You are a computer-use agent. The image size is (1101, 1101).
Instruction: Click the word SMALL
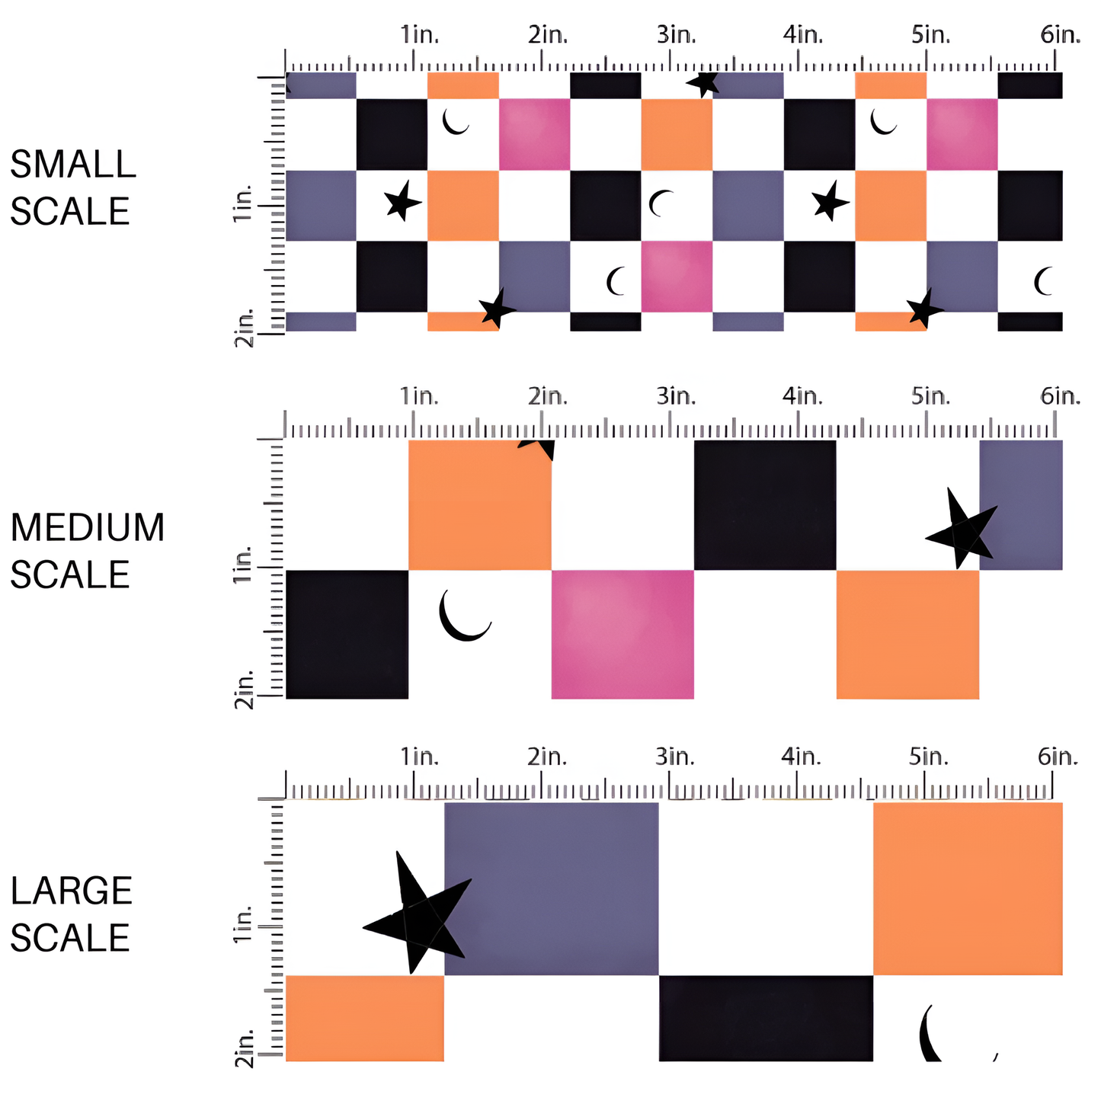click(73, 165)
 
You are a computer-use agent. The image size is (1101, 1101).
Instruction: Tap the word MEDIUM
click(88, 528)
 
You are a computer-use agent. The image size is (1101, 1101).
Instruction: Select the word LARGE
click(72, 891)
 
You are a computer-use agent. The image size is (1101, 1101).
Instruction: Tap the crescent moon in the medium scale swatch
click(461, 617)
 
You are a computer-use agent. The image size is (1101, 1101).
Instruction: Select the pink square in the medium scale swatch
click(623, 634)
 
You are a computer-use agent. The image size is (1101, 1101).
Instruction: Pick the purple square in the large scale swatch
click(551, 888)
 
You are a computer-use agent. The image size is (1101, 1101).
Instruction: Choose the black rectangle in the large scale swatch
click(766, 1018)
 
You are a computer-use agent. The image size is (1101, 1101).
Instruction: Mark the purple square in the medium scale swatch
click(1021, 504)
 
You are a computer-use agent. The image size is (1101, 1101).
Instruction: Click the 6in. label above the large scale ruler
click(1058, 757)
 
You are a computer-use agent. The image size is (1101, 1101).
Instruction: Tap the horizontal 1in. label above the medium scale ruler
click(420, 396)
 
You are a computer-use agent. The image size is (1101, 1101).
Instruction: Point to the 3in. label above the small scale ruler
click(676, 35)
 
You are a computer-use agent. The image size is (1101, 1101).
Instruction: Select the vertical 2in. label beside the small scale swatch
click(244, 329)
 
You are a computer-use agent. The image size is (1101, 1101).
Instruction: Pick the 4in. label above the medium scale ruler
click(802, 396)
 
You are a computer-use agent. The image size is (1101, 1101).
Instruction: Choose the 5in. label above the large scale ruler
click(929, 757)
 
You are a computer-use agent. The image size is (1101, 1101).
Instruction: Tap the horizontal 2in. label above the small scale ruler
click(548, 35)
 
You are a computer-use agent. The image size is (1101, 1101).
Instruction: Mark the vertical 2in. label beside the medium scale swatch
click(244, 691)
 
